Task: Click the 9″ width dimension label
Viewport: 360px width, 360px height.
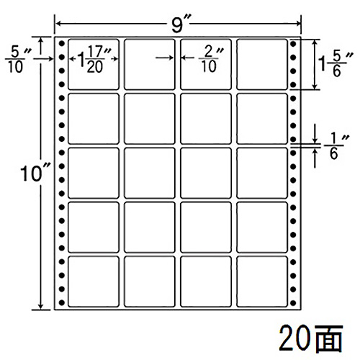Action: tap(180, 24)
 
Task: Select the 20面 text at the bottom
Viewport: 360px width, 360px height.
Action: tap(311, 338)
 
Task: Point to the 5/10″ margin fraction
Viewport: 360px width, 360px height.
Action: tap(18, 60)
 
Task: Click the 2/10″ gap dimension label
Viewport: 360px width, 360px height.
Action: tap(211, 59)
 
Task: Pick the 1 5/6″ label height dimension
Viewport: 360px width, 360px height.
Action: tap(336, 64)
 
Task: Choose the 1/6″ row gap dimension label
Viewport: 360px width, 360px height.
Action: tap(336, 146)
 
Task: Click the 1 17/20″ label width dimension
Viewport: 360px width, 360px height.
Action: tap(94, 59)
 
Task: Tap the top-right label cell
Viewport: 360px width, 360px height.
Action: tap(262, 64)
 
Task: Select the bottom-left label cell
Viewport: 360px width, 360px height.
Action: tap(94, 282)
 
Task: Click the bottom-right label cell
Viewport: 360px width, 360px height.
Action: tap(262, 282)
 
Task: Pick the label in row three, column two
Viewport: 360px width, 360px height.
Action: tap(150, 173)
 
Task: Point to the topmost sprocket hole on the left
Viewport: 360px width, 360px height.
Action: tap(62, 44)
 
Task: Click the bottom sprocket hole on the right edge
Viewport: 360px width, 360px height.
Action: tap(293, 303)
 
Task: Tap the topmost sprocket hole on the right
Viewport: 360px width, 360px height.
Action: tap(293, 44)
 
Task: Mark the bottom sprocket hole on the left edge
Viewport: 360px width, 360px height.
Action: tap(62, 303)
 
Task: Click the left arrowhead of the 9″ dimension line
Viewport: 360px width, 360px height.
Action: tap(58, 24)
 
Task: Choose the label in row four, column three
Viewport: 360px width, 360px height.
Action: tap(206, 228)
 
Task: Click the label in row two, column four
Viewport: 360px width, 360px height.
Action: tap(262, 119)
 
